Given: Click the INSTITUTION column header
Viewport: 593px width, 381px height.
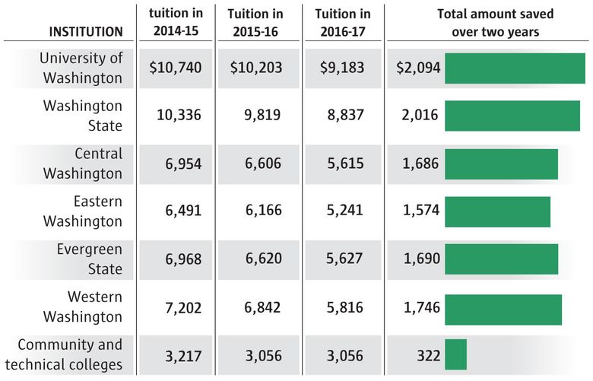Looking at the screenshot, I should [85, 32].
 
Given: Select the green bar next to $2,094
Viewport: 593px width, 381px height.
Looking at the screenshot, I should [514, 68].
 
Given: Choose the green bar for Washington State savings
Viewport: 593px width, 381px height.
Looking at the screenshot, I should [512, 116].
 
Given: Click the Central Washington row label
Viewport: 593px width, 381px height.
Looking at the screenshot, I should [82, 164].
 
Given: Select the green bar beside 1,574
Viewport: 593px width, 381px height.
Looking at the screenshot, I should [496, 211].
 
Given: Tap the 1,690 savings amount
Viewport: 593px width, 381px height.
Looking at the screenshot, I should [418, 259].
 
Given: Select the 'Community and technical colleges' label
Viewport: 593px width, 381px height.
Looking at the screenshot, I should [69, 354].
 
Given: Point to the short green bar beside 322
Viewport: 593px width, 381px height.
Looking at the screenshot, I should [455, 354].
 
